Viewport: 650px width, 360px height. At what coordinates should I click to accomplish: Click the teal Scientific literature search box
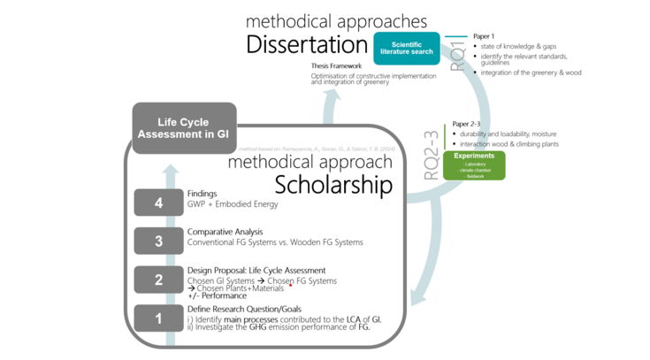click(x=407, y=48)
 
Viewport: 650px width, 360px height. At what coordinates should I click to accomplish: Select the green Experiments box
click(x=475, y=165)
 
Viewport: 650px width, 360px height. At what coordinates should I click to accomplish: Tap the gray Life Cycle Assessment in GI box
click(x=185, y=128)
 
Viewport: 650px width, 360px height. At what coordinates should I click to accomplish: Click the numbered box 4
click(x=158, y=203)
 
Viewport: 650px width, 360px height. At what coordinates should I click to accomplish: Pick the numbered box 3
click(x=158, y=241)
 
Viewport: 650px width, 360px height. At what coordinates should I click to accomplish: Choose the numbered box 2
click(x=158, y=280)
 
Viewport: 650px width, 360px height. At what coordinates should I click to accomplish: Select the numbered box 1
click(x=158, y=318)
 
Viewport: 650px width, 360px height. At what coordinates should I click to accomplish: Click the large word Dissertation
click(x=306, y=44)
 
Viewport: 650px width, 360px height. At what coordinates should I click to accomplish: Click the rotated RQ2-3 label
click(x=432, y=156)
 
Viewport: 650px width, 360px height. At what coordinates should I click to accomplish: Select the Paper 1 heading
click(x=484, y=36)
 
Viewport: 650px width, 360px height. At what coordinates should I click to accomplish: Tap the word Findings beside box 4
click(x=202, y=194)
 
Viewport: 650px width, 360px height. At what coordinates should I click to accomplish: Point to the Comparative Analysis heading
click(x=226, y=232)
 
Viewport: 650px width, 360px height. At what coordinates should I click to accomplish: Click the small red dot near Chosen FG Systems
click(x=290, y=286)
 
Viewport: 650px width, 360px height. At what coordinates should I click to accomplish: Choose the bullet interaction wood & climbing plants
click(x=509, y=144)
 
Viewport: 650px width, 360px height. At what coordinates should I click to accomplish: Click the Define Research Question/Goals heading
click(x=244, y=309)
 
